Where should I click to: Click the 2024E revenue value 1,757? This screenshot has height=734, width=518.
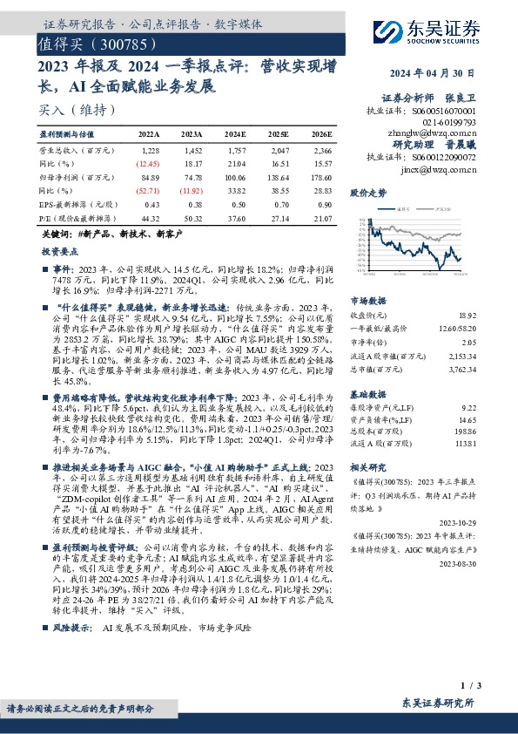235,151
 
